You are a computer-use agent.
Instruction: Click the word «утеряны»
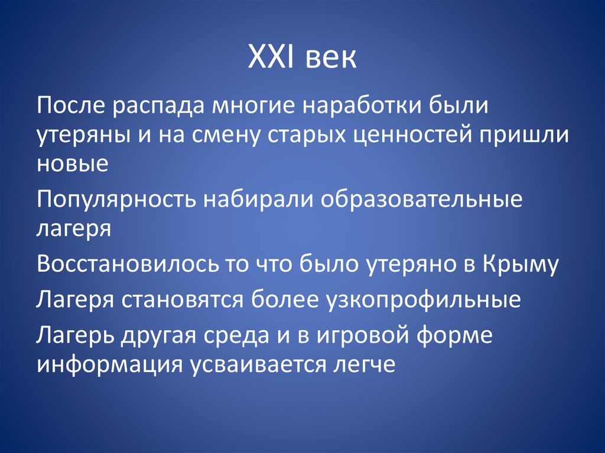[x=77, y=136]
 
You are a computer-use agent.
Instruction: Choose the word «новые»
[x=73, y=163]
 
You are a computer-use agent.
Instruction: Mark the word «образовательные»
[x=422, y=200]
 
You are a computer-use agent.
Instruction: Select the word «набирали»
[x=260, y=200]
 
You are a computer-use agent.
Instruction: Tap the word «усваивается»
[x=254, y=363]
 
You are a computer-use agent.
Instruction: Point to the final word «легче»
[x=360, y=363]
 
